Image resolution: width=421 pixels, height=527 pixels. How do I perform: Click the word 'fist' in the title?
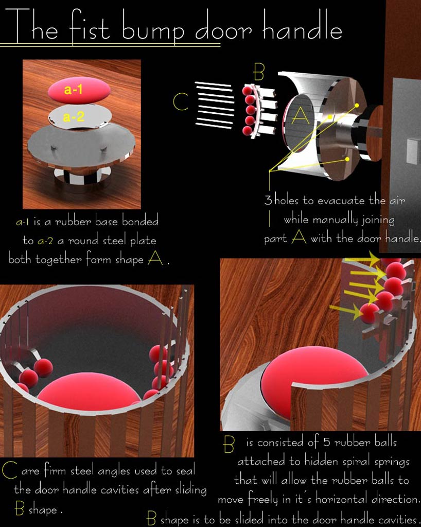(90, 27)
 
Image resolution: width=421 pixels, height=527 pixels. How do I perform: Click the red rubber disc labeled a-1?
(79, 90)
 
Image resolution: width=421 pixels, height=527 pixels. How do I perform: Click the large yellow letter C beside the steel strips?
(180, 102)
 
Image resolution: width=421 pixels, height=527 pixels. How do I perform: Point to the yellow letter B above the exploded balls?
(259, 72)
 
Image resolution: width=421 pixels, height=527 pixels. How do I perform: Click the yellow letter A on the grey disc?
(301, 116)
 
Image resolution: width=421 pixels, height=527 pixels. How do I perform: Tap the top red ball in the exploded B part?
(248, 91)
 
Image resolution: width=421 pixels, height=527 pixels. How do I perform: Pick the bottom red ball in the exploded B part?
(248, 130)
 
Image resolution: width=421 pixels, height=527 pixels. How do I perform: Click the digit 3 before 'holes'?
(268, 200)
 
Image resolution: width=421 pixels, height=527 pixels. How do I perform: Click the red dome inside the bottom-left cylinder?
(89, 392)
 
